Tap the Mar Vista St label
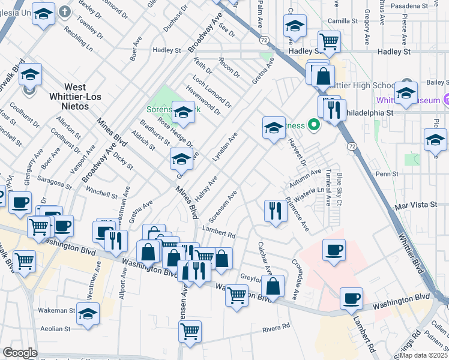click(416, 205)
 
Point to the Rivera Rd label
click(277, 328)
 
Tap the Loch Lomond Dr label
click(212, 91)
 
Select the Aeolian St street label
click(55, 329)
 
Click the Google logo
click(19, 353)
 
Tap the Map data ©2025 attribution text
click(424, 355)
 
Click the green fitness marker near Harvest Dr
click(313, 125)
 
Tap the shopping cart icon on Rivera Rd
click(190, 331)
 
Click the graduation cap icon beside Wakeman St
click(88, 314)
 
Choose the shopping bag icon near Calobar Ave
click(273, 286)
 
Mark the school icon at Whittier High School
click(406, 94)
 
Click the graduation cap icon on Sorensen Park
click(183, 111)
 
